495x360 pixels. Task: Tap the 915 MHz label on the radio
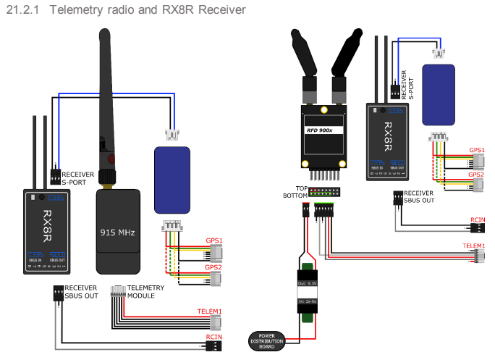tap(117, 235)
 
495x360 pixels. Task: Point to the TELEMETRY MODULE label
tap(145, 292)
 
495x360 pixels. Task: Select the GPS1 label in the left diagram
tap(213, 240)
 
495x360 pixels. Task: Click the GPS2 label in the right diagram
tap(475, 175)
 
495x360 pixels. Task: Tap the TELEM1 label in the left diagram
tap(210, 311)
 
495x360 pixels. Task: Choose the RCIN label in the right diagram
tap(478, 219)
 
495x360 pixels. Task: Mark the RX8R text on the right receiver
tap(388, 135)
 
